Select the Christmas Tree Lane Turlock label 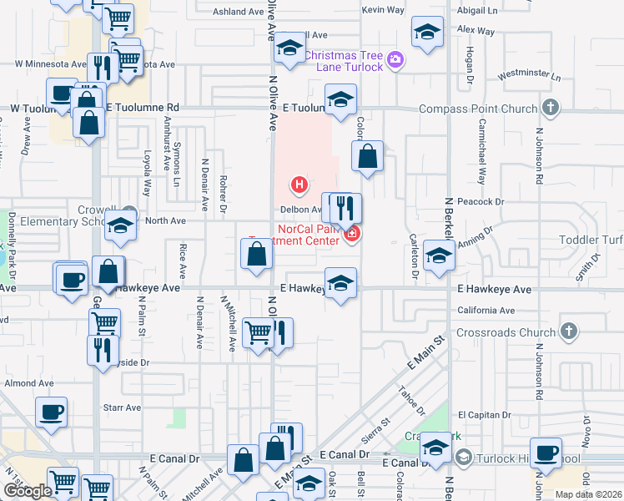pos(343,61)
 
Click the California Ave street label pos(486,311)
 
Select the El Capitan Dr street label pos(484,414)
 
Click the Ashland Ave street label pos(238,12)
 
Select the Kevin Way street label pos(383,10)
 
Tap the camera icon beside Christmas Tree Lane pos(395,61)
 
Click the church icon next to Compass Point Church pos(550,108)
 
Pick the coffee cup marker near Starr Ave pos(51,411)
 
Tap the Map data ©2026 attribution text pos(588,494)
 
